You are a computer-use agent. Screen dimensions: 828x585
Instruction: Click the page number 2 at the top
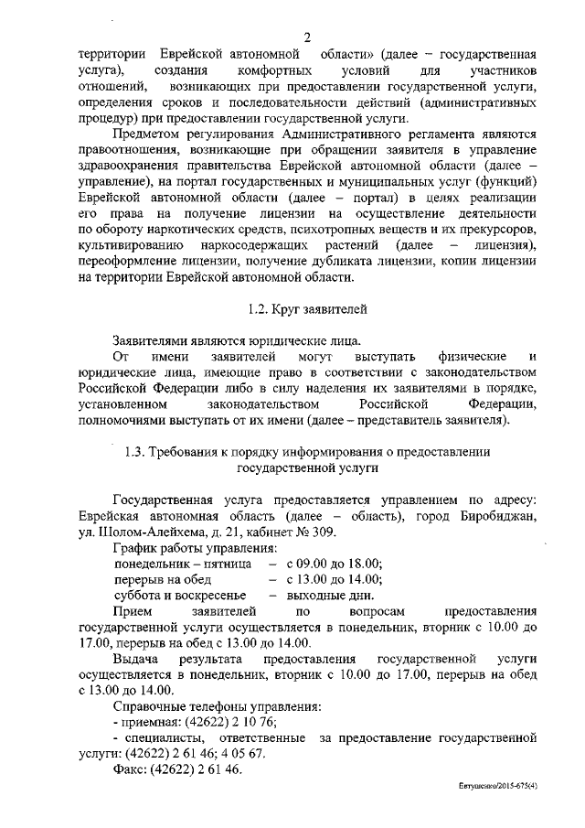pos(308,37)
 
